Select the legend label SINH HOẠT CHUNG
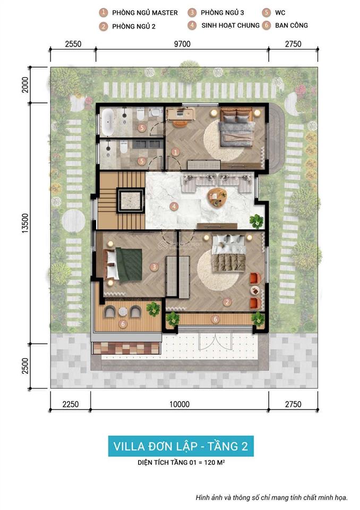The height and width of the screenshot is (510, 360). coord(230,25)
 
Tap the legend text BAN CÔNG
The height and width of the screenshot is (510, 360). coord(292,25)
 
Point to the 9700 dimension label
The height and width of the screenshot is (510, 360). coord(181,44)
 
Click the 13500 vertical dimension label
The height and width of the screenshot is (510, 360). coord(25,205)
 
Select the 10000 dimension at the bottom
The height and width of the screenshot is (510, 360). coord(179,404)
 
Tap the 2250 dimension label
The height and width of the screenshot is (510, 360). coord(70,404)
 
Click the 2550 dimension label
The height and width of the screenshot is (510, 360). coord(73,44)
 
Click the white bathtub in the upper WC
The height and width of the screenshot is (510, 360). coord(107,122)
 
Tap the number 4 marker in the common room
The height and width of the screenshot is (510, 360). coord(173,206)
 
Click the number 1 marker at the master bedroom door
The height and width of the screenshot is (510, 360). coord(175,151)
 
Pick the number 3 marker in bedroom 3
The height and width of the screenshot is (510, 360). coord(153,267)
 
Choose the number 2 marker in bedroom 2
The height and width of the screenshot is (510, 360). coord(227,302)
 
